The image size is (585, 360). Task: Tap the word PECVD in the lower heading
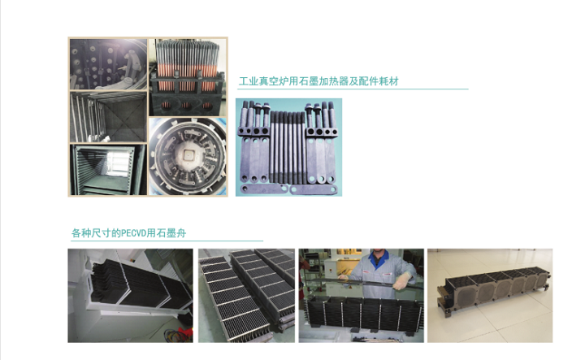[133, 233]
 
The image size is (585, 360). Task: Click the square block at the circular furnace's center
[187, 154]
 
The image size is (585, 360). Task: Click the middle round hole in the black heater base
[186, 106]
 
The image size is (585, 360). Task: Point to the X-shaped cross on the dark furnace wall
[124, 115]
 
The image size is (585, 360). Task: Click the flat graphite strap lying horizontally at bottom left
[264, 189]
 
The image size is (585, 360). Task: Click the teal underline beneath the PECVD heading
[167, 241]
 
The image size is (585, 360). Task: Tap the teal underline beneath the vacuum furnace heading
[353, 89]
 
